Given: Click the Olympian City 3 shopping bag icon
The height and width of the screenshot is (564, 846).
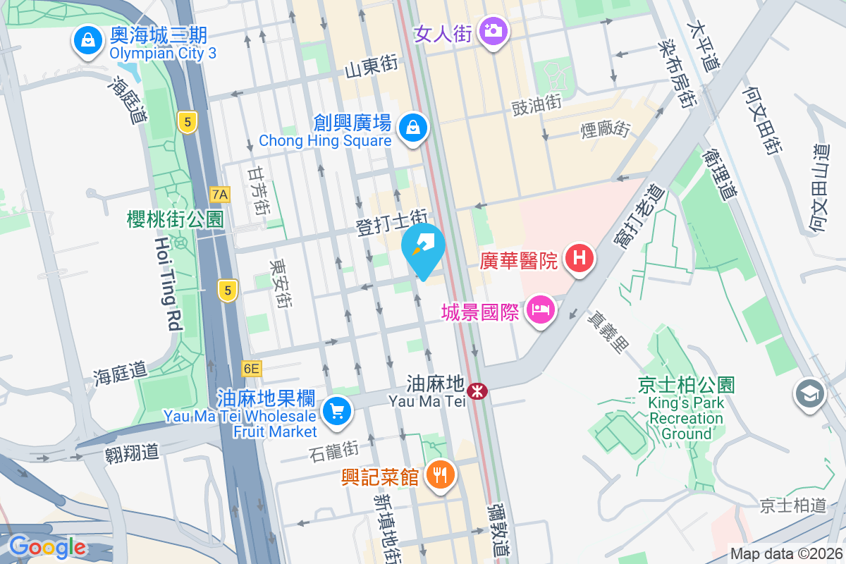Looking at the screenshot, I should pyautogui.click(x=87, y=41).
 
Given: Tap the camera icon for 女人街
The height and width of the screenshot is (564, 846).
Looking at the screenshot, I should pyautogui.click(x=493, y=31).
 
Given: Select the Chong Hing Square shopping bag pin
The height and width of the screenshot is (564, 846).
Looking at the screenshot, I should pyautogui.click(x=412, y=128).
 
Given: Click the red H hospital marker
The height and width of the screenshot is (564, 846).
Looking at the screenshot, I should pyautogui.click(x=579, y=258).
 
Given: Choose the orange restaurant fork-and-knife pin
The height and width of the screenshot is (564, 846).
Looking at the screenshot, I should pyautogui.click(x=441, y=474).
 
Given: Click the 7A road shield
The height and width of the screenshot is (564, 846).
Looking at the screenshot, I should pyautogui.click(x=220, y=194).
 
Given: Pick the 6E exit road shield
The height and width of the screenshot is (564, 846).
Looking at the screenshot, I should pyautogui.click(x=250, y=368).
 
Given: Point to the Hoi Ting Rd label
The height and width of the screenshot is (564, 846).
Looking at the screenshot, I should pyautogui.click(x=167, y=284).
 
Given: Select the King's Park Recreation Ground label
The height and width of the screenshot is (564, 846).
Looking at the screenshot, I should pyautogui.click(x=686, y=410).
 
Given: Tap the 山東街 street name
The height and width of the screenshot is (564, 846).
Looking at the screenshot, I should pyautogui.click(x=372, y=66).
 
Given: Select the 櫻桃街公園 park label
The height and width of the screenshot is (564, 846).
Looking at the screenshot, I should pyautogui.click(x=176, y=219).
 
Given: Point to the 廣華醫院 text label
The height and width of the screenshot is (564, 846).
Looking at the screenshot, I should pyautogui.click(x=519, y=261).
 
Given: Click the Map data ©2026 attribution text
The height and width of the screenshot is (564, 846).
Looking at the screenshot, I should pyautogui.click(x=786, y=553).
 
